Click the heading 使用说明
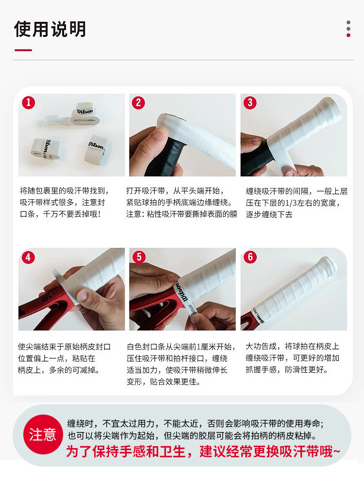(50, 29)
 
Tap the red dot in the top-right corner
(348, 35)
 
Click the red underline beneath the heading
(23, 50)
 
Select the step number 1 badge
(29, 103)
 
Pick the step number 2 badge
(138, 103)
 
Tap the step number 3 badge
(250, 103)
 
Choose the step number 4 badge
(28, 257)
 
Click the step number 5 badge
(139, 257)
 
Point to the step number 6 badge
(250, 257)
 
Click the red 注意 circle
(43, 434)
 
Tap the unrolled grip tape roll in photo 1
(72, 116)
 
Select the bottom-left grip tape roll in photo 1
(46, 149)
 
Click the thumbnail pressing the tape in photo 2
(160, 134)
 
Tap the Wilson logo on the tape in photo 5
(182, 291)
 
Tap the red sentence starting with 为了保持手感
(203, 451)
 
